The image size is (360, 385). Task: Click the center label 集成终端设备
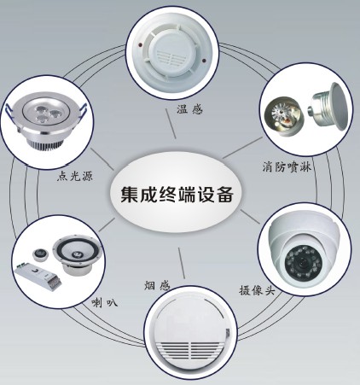177,195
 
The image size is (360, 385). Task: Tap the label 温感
189,109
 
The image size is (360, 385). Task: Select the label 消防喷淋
287,166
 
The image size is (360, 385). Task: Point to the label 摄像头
258,290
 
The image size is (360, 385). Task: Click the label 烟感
157,285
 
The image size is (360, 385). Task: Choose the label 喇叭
105,303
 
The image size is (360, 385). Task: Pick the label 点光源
75,176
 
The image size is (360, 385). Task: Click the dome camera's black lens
302,262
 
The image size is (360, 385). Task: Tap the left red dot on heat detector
139,45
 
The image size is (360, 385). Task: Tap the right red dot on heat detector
203,61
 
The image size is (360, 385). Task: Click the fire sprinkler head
282,119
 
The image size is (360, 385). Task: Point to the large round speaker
78,254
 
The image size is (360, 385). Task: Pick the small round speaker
39,254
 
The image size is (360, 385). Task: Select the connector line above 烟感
182,263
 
